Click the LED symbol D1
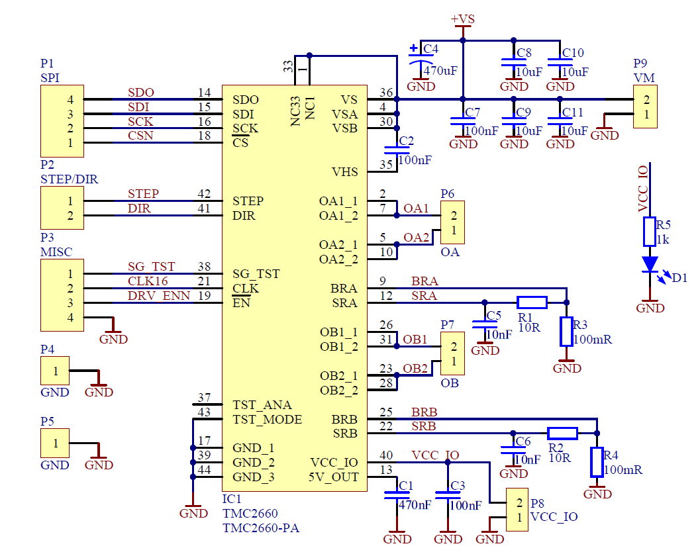pyautogui.click(x=650, y=264)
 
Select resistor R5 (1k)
pyautogui.click(x=650, y=232)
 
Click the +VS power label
pyautogui.click(x=463, y=19)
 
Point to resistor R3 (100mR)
pyautogui.click(x=566, y=332)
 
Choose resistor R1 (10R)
pyautogui.click(x=532, y=302)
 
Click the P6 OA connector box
pyautogui.click(x=453, y=222)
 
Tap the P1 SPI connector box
pyautogui.click(x=62, y=120)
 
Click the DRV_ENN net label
pyautogui.click(x=159, y=296)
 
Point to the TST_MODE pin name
pyautogui.click(x=267, y=420)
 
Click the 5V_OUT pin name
pyautogui.click(x=333, y=477)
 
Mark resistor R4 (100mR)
pyautogui.click(x=597, y=462)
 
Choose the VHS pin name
pyautogui.click(x=344, y=172)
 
